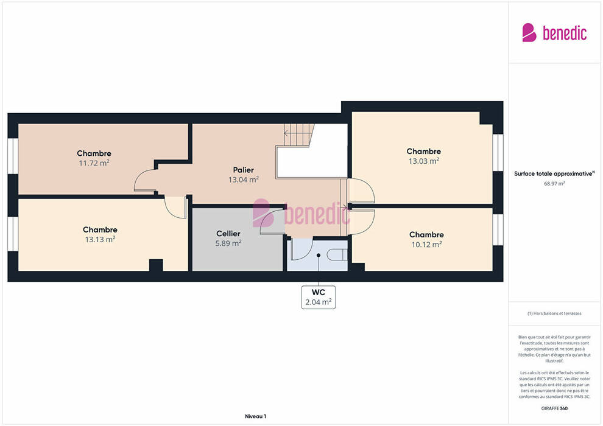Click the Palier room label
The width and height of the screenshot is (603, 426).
(x=244, y=170)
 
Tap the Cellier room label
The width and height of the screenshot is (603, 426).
(x=228, y=234)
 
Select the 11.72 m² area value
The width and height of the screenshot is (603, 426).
(x=94, y=163)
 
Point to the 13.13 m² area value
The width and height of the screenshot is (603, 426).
(x=100, y=239)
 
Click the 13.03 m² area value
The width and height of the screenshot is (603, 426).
(x=424, y=161)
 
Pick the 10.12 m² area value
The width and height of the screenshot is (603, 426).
(x=426, y=244)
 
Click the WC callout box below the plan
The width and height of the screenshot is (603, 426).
(x=319, y=298)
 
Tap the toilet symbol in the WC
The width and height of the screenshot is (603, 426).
(x=337, y=254)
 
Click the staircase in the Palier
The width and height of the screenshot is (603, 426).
(x=299, y=135)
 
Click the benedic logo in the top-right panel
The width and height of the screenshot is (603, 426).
(x=554, y=33)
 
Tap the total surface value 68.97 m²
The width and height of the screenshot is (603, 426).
(x=554, y=184)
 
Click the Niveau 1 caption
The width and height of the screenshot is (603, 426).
(x=255, y=416)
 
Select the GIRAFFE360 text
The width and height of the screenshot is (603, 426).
(x=554, y=408)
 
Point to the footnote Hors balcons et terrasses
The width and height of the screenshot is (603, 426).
(x=554, y=313)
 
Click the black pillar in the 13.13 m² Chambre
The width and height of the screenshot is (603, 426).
(x=156, y=265)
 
